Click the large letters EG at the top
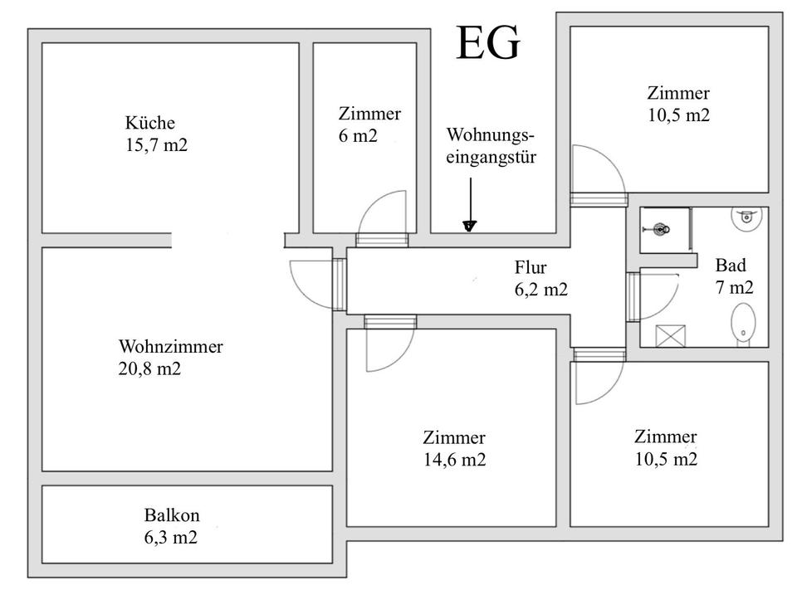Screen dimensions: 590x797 coord(488,43)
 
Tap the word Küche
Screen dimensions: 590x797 coord(150,123)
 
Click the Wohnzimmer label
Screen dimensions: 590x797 coord(170,347)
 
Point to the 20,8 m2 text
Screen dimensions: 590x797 coord(149,368)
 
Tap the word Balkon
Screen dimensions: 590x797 coord(171,514)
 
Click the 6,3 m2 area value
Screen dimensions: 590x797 coord(171,537)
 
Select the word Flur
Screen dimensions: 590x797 coord(531,267)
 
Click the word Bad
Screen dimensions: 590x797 coord(731,266)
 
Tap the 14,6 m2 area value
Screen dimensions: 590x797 coord(454,460)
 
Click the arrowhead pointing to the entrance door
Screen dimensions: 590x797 coord(470,225)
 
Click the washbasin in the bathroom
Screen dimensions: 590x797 coord(746,218)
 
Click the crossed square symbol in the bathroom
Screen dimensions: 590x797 coord(667,335)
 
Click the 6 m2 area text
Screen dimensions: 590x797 coord(358,136)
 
